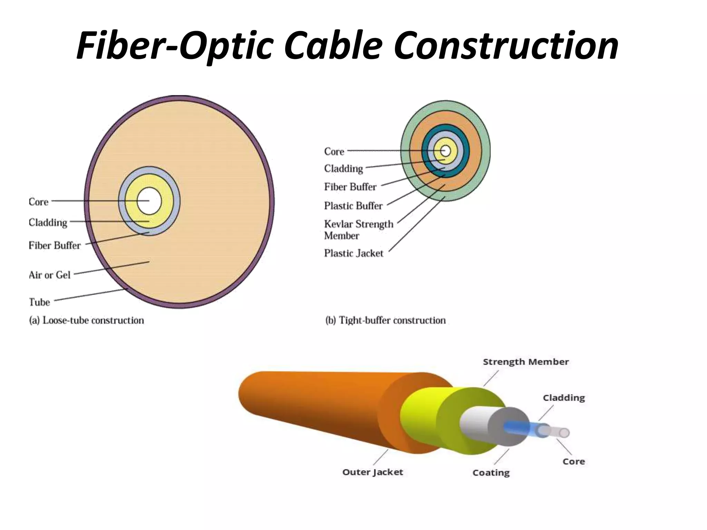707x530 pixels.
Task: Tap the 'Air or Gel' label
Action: [x=49, y=275]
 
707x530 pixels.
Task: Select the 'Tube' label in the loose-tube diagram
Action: [x=39, y=302]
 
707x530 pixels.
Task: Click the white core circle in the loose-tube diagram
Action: [x=149, y=201]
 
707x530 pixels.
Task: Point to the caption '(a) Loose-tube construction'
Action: [x=86, y=321]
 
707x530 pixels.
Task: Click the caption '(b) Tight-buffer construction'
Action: [x=385, y=321]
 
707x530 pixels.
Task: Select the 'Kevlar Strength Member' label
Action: [x=358, y=230]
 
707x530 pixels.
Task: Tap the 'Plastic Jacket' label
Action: [x=353, y=253]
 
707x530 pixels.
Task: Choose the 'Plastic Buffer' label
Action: [x=353, y=206]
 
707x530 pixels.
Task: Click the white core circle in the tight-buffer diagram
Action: [x=445, y=151]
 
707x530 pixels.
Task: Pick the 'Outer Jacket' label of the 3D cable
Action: [x=372, y=472]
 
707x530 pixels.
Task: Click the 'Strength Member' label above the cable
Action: [x=525, y=362]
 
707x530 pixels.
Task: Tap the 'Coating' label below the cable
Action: [x=491, y=473]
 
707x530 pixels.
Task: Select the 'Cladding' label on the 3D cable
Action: [x=564, y=398]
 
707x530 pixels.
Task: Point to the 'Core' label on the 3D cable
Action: [x=573, y=462]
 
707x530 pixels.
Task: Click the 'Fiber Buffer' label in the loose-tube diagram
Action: [x=55, y=245]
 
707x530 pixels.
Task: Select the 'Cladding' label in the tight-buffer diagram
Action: [x=343, y=168]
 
